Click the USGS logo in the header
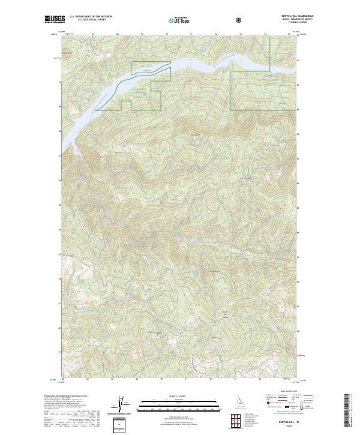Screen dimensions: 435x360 coord(54,19)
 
